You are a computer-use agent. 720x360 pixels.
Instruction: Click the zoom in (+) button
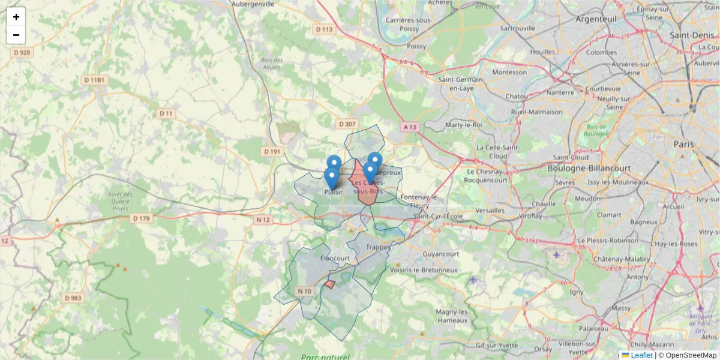pos(16,17)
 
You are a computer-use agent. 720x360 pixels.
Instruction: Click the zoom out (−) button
pos(16,35)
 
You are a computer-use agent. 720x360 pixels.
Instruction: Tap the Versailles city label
pos(490,211)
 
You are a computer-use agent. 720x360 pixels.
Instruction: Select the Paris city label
pos(683,145)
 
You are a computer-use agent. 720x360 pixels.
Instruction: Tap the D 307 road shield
pos(347,124)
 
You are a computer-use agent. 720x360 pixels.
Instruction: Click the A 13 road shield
pos(410,127)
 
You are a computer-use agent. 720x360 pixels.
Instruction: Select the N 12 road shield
pos(263,220)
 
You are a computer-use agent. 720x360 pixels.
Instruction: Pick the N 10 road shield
pos(305,292)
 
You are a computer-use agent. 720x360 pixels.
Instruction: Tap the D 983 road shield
pos(73,298)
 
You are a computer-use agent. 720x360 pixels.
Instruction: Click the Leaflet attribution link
pos(641,355)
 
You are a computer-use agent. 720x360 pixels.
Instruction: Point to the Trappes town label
pos(378,247)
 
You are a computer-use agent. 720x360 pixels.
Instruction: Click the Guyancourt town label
pos(441,254)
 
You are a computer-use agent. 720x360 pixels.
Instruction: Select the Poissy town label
pos(416,46)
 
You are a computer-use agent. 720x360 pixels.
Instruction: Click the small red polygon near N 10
pos(329,284)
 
